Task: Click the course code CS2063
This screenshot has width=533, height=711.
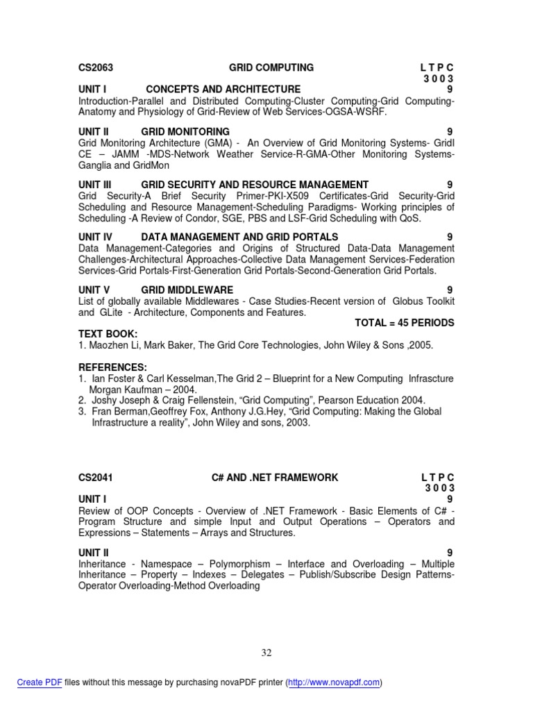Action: point(95,68)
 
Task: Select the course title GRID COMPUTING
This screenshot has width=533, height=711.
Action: point(271,68)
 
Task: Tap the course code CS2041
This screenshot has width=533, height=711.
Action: point(95,478)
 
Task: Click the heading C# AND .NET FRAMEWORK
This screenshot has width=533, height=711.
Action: point(275,478)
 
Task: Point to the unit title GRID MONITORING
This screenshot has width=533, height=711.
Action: point(185,132)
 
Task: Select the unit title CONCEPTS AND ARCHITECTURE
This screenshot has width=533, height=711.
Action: point(223,90)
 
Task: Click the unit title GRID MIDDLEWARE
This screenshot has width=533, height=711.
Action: point(187,290)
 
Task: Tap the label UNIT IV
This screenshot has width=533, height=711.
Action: point(95,237)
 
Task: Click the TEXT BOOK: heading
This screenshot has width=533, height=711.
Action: point(108,334)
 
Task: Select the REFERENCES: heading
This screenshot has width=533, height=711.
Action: point(112,367)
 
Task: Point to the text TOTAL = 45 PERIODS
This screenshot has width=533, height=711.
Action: point(405,323)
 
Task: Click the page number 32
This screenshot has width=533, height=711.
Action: point(266,653)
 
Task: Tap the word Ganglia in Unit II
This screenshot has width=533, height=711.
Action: point(95,165)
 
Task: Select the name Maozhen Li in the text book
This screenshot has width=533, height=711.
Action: point(115,345)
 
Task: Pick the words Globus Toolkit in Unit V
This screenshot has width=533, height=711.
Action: point(423,301)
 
